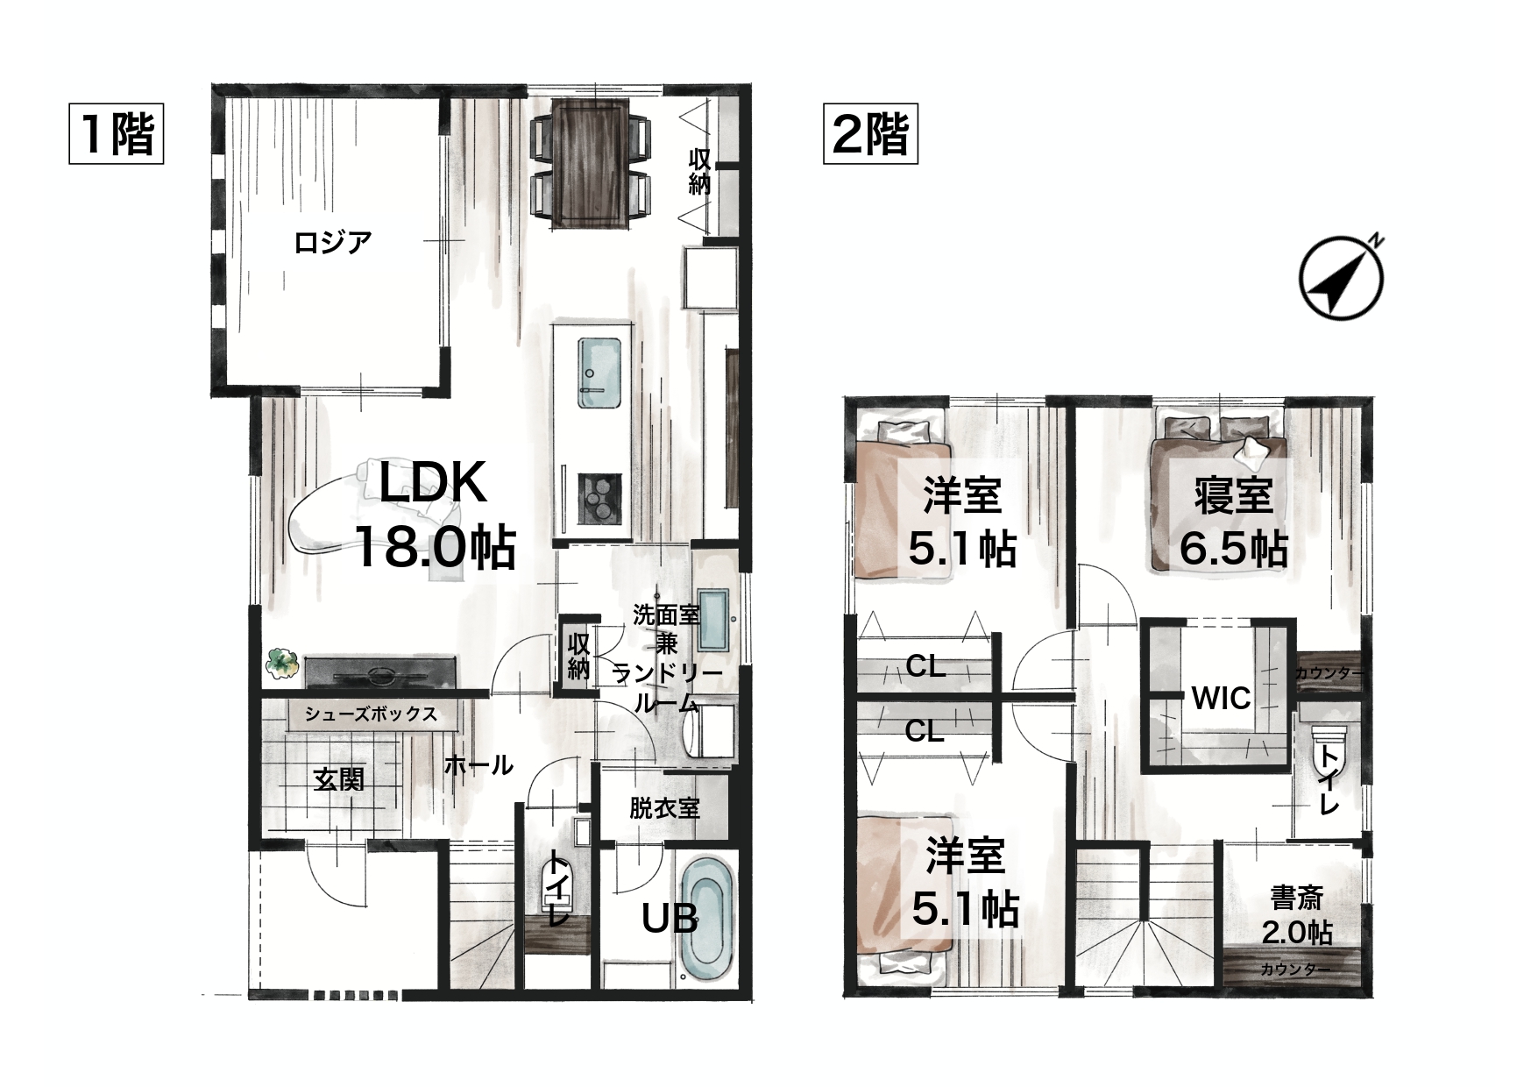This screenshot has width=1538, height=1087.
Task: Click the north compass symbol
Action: [1341, 277]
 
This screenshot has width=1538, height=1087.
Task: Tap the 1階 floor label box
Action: [117, 135]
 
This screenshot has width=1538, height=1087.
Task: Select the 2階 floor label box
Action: [870, 135]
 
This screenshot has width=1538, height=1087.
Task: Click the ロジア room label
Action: [333, 241]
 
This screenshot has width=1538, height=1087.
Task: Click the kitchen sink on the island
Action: [599, 373]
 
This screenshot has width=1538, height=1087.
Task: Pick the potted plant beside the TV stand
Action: [281, 663]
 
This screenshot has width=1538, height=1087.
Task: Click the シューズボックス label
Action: [371, 714]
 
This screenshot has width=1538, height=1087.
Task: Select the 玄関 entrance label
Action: [339, 779]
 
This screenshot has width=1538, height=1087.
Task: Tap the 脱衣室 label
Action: [664, 807]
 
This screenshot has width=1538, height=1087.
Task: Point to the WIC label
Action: [1221, 699]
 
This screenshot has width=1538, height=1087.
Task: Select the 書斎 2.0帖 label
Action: [1297, 915]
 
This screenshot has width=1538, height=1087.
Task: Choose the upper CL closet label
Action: [925, 667]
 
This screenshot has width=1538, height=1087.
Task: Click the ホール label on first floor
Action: [478, 765]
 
